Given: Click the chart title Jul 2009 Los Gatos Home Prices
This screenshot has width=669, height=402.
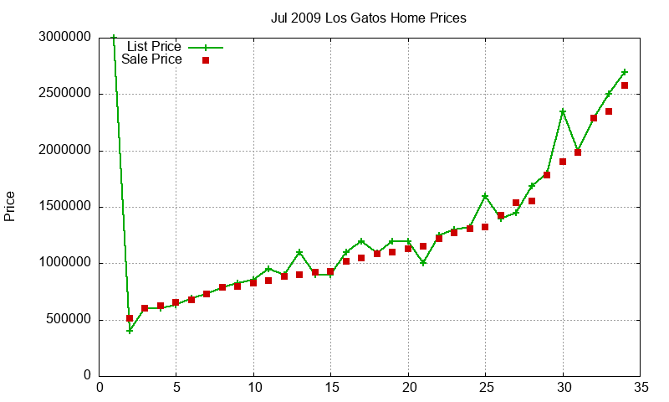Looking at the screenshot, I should point(369,18).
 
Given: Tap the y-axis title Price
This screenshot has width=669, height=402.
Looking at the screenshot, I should point(10,206).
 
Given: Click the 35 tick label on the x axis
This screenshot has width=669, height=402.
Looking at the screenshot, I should point(641,388).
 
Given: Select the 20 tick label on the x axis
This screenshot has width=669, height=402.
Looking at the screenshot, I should point(408,388).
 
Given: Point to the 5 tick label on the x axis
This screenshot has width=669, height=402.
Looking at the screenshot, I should point(176,388).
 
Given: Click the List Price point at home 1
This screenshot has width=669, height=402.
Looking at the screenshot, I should point(114,38).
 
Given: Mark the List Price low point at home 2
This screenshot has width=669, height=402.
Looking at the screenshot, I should point(130,331).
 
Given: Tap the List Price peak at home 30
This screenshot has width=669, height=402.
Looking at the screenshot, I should point(563,111).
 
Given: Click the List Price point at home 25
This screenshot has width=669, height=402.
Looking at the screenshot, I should point(485,196).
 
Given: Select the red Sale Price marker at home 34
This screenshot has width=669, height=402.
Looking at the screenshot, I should point(625,85).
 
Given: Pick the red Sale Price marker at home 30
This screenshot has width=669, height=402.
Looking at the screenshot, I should point(563,162).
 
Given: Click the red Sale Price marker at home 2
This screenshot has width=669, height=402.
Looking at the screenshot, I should point(130,318).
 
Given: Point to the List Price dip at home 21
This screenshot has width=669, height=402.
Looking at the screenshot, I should point(423,263).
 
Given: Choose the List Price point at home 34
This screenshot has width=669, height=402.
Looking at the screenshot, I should point(625,72).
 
